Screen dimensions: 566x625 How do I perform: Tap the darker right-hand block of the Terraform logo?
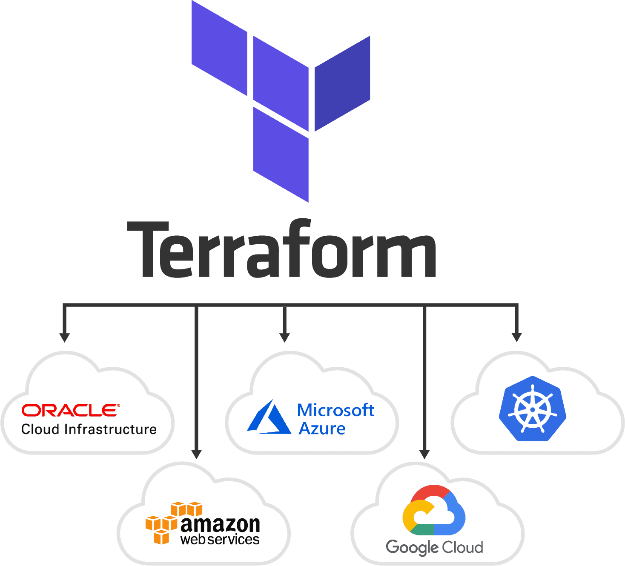pyautogui.click(x=342, y=83)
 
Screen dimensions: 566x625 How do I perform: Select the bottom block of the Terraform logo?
pyautogui.click(x=281, y=154)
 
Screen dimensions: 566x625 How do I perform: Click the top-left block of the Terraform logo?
pyautogui.click(x=219, y=48)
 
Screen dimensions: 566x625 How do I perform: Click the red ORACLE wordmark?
pyautogui.click(x=70, y=410)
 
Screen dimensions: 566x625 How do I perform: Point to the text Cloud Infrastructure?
pyautogui.click(x=89, y=429)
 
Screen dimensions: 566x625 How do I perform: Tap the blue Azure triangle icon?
pyautogui.click(x=269, y=418)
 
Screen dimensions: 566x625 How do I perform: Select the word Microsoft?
pyautogui.click(x=335, y=410)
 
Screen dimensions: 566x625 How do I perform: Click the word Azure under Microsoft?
pyautogui.click(x=322, y=429)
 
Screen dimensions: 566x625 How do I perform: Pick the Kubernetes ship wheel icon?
pyautogui.click(x=532, y=409)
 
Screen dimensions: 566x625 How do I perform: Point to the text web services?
pyautogui.click(x=220, y=540)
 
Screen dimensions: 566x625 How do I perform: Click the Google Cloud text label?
pyautogui.click(x=434, y=547)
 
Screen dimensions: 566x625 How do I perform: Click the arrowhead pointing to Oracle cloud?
pyautogui.click(x=64, y=337)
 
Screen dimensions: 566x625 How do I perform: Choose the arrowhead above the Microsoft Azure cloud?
pyautogui.click(x=285, y=337)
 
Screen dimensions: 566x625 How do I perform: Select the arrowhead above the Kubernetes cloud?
pyautogui.click(x=516, y=337)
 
